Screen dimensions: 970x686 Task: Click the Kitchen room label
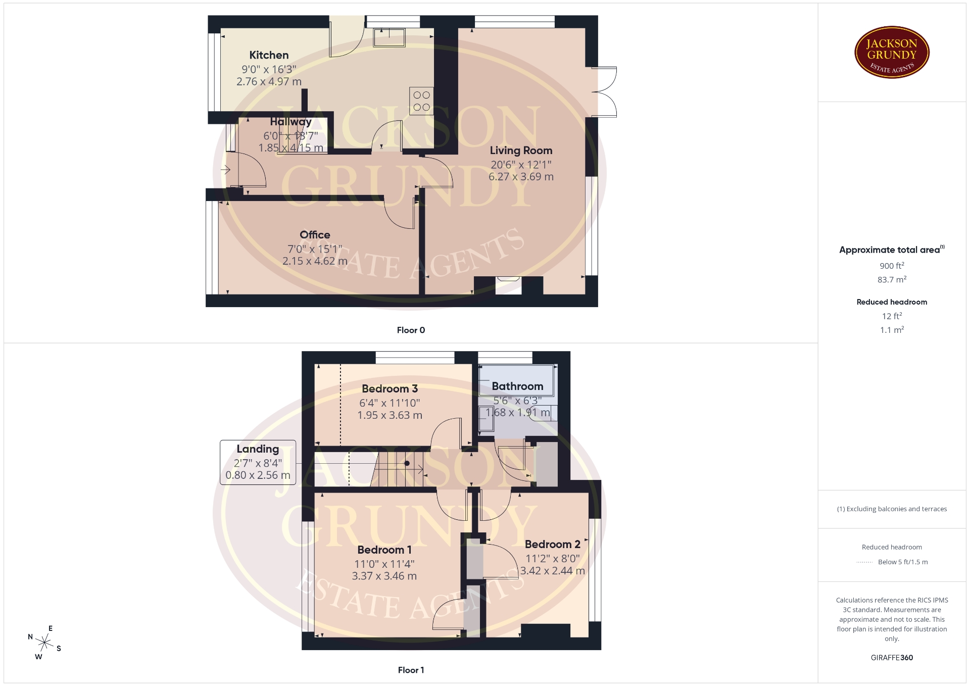click(x=269, y=55)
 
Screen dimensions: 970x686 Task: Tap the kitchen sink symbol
click(x=389, y=37)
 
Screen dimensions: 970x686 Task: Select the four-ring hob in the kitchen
click(x=421, y=101)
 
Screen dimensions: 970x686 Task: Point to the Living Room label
click(x=521, y=151)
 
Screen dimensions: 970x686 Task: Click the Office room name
click(x=315, y=235)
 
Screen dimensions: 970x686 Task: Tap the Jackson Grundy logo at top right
click(x=892, y=53)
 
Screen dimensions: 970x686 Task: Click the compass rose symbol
click(x=44, y=643)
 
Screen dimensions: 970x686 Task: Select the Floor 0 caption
click(x=411, y=330)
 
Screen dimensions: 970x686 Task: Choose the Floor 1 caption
click(x=411, y=670)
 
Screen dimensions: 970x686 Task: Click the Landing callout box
click(x=258, y=462)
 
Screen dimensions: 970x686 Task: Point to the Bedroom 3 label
click(x=390, y=389)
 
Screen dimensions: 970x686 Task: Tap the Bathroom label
click(x=517, y=386)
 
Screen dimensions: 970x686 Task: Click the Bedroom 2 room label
click(x=552, y=545)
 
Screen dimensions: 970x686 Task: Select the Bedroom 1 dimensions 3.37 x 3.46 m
click(x=384, y=576)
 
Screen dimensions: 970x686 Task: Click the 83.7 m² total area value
click(x=892, y=279)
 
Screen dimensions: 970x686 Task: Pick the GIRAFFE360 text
click(x=892, y=658)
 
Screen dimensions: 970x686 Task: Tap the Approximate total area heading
click(x=892, y=250)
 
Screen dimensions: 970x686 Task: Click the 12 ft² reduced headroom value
click(x=892, y=316)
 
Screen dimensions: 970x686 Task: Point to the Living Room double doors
click(x=604, y=92)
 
